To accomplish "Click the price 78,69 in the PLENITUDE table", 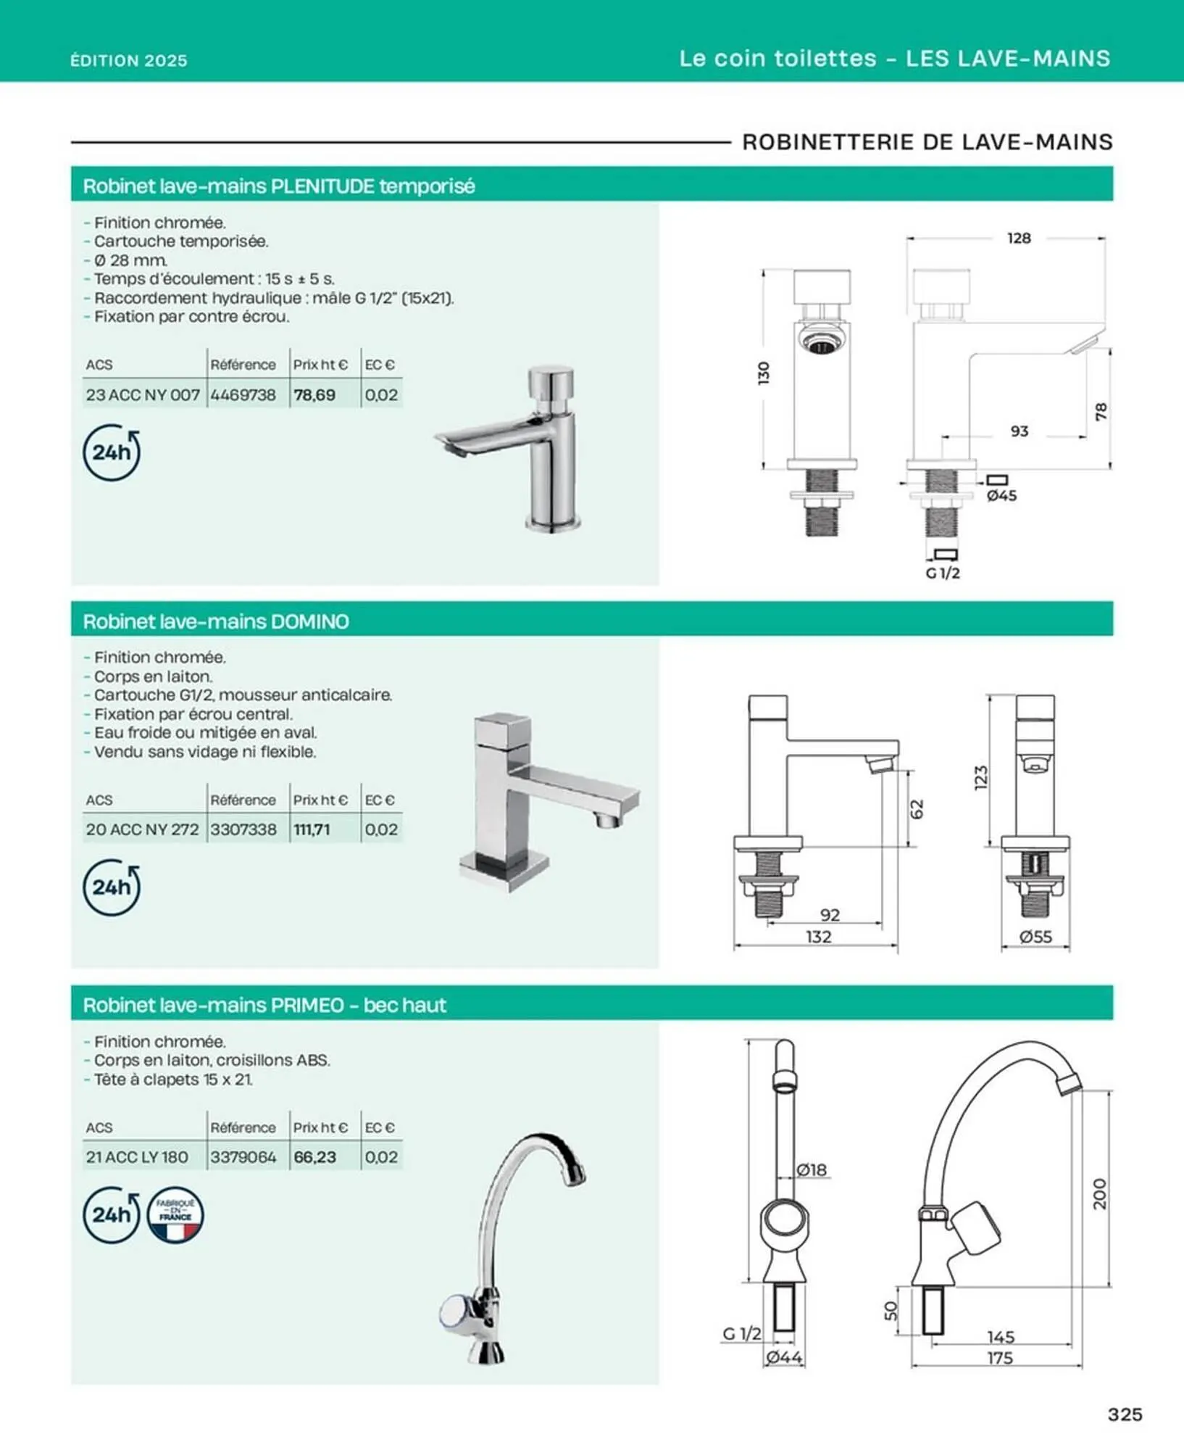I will [x=314, y=395].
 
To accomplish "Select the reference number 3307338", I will [x=243, y=829].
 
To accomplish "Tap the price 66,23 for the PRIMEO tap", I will [x=314, y=1157].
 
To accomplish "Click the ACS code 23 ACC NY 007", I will [x=143, y=395].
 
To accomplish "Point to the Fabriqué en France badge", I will [x=175, y=1215].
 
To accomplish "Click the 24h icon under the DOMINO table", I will [x=112, y=887].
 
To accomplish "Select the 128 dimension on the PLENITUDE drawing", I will [x=1019, y=239].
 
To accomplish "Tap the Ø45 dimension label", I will [x=1002, y=496].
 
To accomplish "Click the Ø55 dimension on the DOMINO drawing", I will [x=1035, y=937].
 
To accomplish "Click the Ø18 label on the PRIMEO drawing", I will [x=812, y=1169].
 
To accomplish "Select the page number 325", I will [x=1125, y=1414].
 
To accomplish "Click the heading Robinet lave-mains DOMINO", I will [x=216, y=621].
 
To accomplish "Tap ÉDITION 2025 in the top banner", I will [x=129, y=60].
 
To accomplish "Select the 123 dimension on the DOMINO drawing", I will [x=981, y=777].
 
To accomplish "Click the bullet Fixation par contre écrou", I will [x=191, y=317].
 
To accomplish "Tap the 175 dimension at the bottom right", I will [x=1000, y=1358].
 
